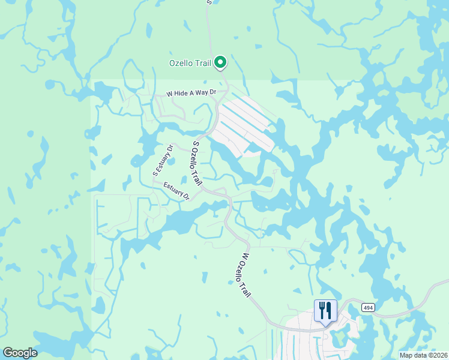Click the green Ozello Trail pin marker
[x=220, y=61]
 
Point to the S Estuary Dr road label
[x=162, y=160]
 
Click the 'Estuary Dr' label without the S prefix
[x=176, y=191]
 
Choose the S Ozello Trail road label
[x=196, y=163]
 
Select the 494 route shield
[x=369, y=307]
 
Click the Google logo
[x=20, y=353]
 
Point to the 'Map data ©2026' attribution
[x=424, y=355]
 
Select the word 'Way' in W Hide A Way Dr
[x=208, y=93]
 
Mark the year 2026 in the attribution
[x=440, y=355]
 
